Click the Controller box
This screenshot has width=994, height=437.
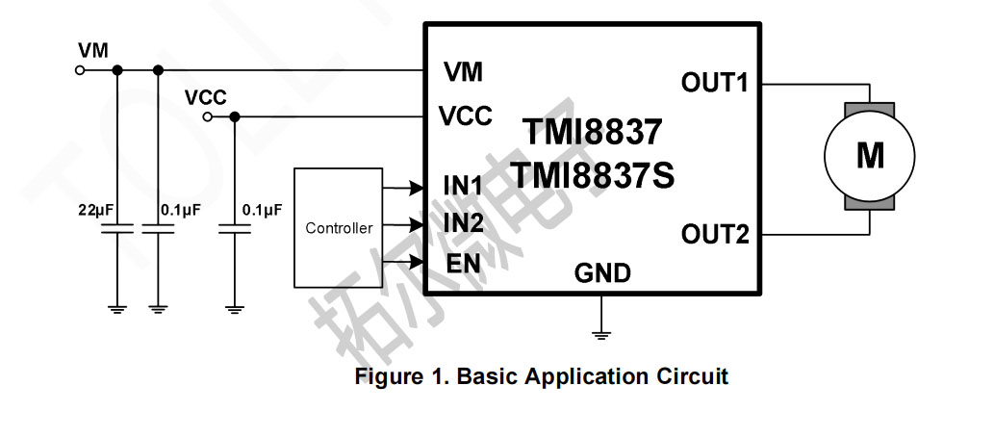(338, 227)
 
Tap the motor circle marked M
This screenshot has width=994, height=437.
(870, 155)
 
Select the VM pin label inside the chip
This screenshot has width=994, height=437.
(463, 72)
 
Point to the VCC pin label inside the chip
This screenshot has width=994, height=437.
(466, 116)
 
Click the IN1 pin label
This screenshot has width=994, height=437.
(463, 184)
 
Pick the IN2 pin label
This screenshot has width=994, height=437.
(463, 223)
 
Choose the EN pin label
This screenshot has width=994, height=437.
(463, 263)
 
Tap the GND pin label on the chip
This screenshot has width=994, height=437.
(602, 274)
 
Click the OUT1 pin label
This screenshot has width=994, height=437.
(714, 83)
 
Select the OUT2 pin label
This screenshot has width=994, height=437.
(714, 234)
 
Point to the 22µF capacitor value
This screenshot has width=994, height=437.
(96, 209)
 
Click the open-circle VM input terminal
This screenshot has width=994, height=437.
(79, 70)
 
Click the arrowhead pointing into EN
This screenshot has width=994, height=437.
(418, 263)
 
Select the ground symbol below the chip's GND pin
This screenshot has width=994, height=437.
(601, 335)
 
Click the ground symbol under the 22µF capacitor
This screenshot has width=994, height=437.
(117, 309)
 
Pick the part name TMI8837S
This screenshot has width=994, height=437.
(592, 176)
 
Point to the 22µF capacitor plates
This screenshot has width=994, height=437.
(117, 230)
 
